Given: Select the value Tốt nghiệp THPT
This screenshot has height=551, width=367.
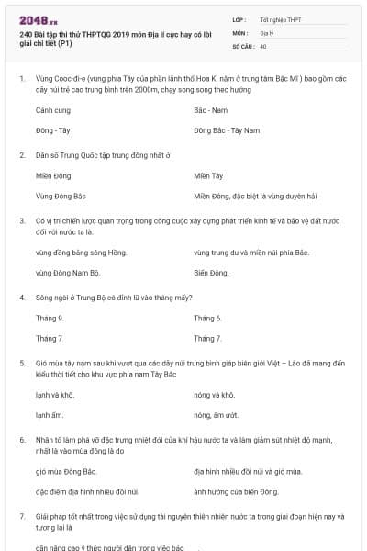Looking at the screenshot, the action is [x=281, y=19].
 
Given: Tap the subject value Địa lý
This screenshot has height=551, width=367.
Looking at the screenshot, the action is [x=269, y=32].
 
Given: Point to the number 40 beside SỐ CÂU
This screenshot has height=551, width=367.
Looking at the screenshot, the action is [x=263, y=45].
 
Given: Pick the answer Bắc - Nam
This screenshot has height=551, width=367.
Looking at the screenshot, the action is [x=210, y=110].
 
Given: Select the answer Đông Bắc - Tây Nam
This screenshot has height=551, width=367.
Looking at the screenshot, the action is [x=227, y=130].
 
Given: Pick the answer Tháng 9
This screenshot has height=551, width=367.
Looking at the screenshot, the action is [x=49, y=318].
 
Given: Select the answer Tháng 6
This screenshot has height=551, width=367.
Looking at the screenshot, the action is [x=207, y=318].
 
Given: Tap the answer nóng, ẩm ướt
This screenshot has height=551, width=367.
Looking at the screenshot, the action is [x=215, y=415].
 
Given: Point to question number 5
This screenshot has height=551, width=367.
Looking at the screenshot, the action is [x=22, y=364].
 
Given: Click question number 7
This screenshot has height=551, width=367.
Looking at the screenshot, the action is [x=22, y=517].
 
